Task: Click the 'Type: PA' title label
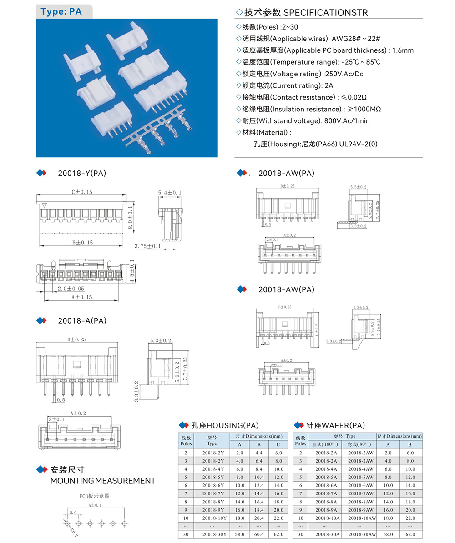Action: click(61, 11)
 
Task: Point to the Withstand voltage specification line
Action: click(303, 121)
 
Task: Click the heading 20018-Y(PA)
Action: click(82, 173)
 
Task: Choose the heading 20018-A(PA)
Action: click(82, 320)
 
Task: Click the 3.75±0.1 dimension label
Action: click(148, 246)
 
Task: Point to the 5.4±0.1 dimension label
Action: click(169, 193)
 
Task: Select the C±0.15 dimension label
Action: click(81, 192)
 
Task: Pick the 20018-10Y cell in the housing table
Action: click(212, 518)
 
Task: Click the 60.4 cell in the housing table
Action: click(259, 534)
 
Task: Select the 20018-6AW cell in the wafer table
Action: click(362, 485)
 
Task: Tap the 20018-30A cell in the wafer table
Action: click(327, 534)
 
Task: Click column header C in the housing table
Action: click(278, 444)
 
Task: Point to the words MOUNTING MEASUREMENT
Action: click(103, 481)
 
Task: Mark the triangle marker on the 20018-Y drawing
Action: click(44, 206)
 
